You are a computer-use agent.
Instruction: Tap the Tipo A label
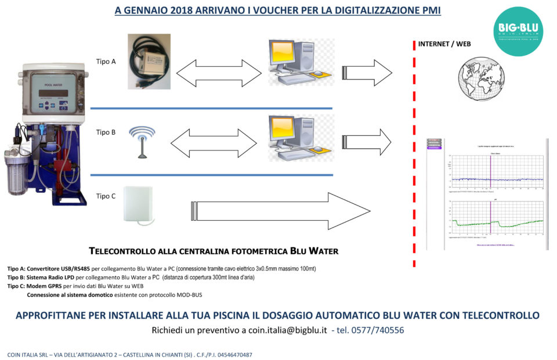click(106, 62)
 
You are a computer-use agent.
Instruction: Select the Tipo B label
click(106, 132)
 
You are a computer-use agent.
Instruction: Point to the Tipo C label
click(106, 196)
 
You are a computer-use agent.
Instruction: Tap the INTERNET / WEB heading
click(444, 44)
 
